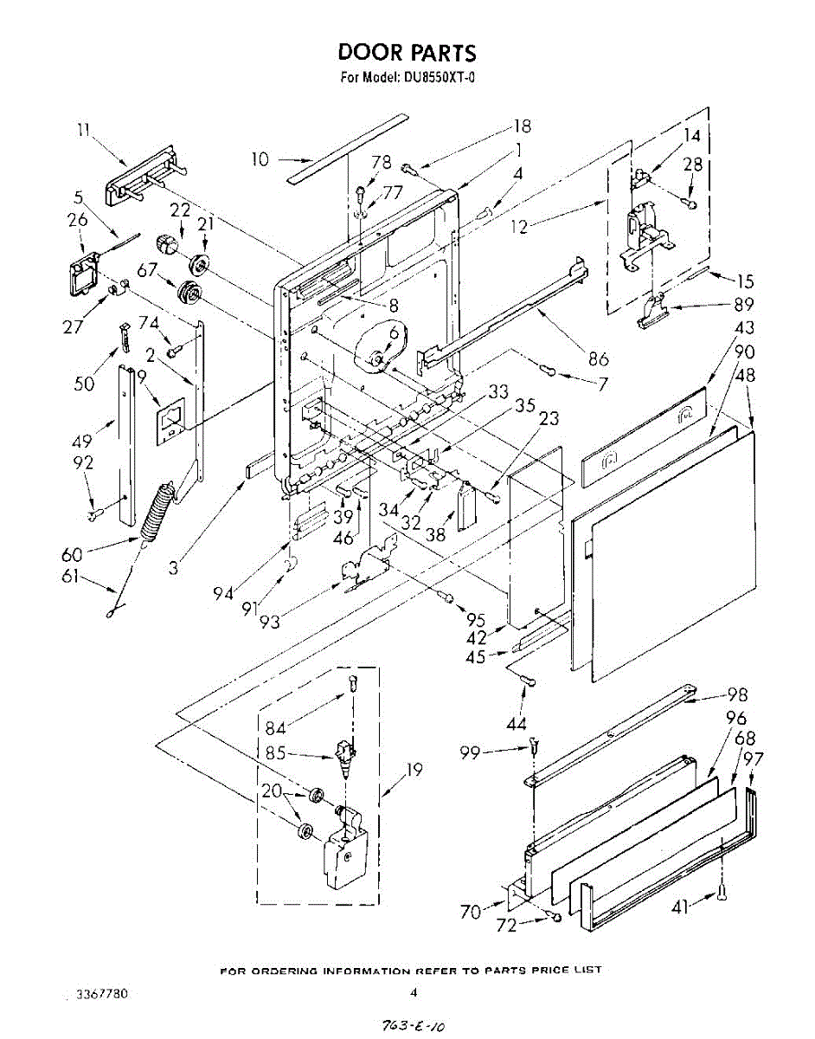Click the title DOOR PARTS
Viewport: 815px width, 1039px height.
point(407,53)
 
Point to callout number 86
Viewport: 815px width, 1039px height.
point(598,359)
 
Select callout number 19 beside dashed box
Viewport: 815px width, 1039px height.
point(414,769)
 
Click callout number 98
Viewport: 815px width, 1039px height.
point(736,694)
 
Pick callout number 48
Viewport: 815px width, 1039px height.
point(745,376)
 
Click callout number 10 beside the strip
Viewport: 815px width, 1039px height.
point(260,159)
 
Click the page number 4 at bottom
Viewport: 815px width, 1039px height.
point(414,993)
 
